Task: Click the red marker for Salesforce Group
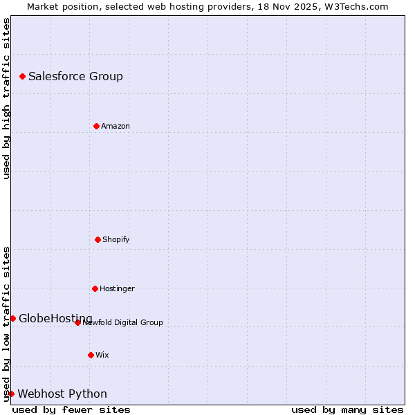22,76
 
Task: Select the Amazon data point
96,126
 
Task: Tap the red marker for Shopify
98,239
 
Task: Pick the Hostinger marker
95,288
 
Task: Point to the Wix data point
91,355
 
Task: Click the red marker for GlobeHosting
12,318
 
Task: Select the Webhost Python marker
11,394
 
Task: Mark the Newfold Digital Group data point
77,322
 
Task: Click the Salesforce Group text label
75,76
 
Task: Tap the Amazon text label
116,126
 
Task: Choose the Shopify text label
116,239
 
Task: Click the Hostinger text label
117,288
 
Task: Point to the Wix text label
102,355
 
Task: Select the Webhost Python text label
62,394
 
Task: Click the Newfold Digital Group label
123,322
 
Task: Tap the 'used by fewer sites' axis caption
71,409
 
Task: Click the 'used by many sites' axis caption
347,409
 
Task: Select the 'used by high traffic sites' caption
6,98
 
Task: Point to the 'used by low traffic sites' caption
6,323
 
